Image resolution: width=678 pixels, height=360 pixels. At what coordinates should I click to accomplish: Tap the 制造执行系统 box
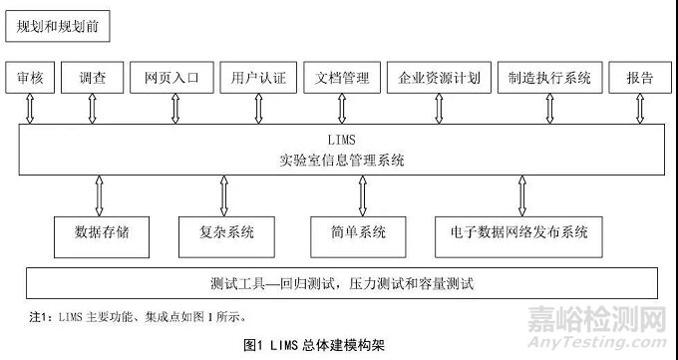coord(548,77)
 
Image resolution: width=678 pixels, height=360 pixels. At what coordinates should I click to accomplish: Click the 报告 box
coord(640,77)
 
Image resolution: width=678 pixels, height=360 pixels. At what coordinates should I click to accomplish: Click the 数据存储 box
coord(103,233)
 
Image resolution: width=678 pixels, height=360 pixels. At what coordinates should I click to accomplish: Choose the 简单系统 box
coord(360,233)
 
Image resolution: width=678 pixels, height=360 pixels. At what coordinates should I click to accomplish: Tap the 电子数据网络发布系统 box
coord(519,233)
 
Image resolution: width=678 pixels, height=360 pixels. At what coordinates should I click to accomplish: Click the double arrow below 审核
coord(30,108)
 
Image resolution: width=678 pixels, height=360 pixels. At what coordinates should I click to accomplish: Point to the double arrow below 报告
coord(641,108)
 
